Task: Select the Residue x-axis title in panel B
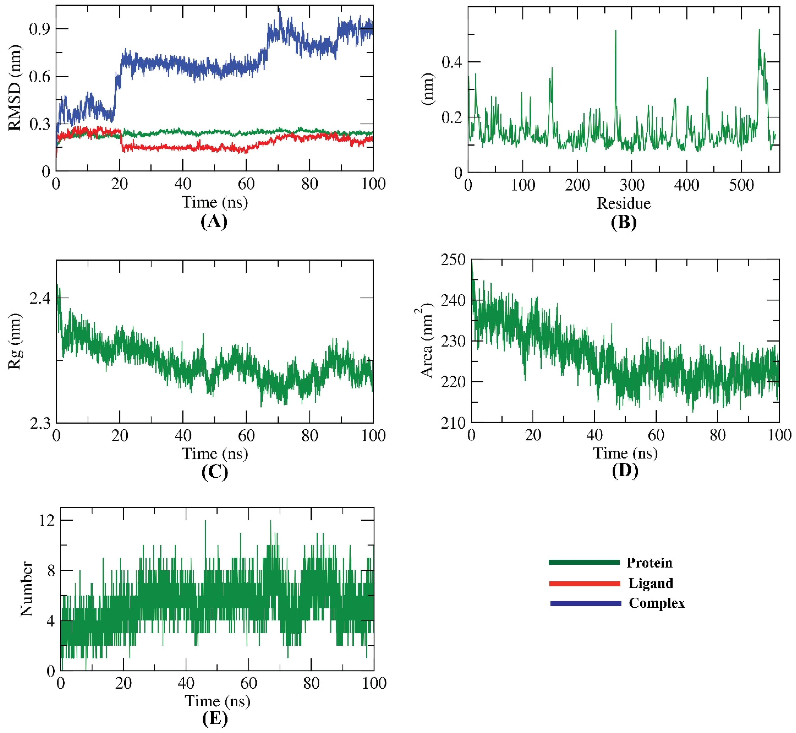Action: pyautogui.click(x=624, y=203)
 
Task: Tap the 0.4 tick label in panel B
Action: pyautogui.click(x=452, y=62)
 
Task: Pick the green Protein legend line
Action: pyautogui.click(x=584, y=562)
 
